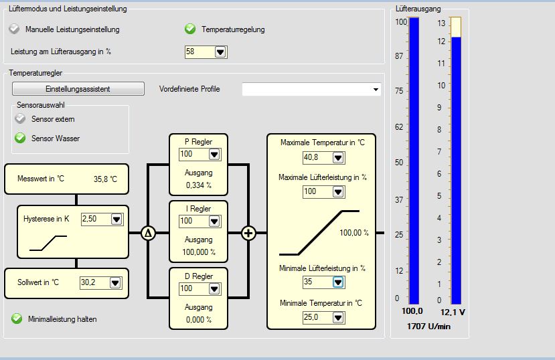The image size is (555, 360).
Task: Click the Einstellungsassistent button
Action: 78,89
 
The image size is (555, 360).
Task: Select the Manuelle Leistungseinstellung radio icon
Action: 15,29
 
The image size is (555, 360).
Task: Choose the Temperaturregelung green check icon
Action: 190,29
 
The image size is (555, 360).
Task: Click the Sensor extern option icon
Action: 20,119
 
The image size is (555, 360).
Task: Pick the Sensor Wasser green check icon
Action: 20,139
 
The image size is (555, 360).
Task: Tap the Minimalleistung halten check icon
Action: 17,319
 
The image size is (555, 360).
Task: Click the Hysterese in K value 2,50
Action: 94,219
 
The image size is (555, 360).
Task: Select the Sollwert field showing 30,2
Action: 93,282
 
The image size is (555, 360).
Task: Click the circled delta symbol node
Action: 148,233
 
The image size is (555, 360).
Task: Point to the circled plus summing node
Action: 248,233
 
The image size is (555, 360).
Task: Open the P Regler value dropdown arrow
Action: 214,155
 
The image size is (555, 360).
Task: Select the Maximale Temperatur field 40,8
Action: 317,158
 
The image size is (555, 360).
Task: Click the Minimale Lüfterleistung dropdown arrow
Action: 338,282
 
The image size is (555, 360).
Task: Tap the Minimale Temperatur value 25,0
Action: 317,317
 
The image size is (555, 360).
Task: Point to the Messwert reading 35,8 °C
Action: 104,179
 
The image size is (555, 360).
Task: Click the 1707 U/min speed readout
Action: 428,326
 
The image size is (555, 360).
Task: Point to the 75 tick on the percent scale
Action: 399,92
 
